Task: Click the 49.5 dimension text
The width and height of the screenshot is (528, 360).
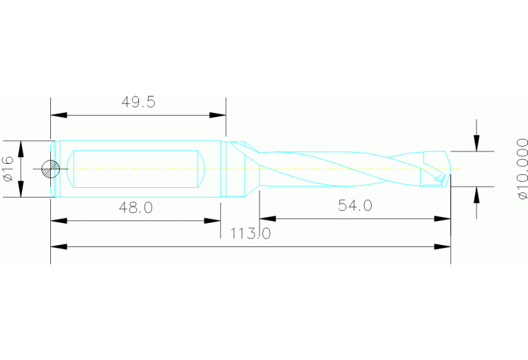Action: click(138, 103)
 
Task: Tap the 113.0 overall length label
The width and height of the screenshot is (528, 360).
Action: click(250, 234)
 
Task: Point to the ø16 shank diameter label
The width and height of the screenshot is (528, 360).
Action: click(9, 169)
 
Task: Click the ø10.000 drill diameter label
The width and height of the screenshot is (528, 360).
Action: click(522, 169)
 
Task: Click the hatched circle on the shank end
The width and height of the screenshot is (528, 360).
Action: click(50, 169)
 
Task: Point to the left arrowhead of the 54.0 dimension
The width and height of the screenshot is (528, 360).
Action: click(268, 219)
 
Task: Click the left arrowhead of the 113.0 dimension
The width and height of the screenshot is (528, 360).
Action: click(59, 246)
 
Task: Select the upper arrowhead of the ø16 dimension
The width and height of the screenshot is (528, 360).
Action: click(21, 147)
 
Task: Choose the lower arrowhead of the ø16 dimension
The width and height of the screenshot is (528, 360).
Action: click(21, 190)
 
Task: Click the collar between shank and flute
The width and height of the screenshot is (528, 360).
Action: click(235, 169)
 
